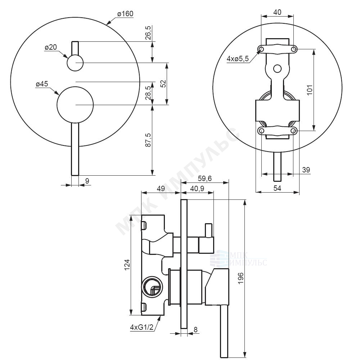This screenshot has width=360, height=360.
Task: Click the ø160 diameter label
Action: click(x=125, y=14)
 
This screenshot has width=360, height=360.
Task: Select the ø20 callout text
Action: click(x=51, y=48)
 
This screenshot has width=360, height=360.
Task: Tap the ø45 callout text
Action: click(x=42, y=84)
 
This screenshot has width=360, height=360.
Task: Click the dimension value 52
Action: click(x=163, y=84)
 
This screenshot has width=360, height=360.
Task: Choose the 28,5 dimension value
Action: click(x=148, y=93)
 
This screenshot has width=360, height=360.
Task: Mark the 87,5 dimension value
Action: click(x=148, y=140)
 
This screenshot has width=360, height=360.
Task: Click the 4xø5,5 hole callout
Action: click(x=238, y=59)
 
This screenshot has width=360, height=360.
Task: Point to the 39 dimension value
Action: click(x=306, y=170)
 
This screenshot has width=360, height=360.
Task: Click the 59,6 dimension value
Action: click(x=205, y=179)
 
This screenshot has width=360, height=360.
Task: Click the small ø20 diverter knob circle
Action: click(x=75, y=63)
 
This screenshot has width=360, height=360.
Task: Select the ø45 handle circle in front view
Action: click(x=75, y=105)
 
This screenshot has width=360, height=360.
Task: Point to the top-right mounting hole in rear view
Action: click(x=294, y=49)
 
